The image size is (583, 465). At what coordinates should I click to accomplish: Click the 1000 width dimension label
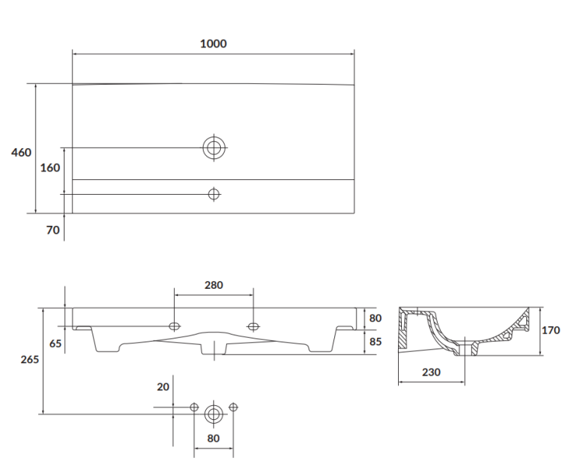[x=213, y=44]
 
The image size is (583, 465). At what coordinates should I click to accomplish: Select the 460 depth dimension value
[x=21, y=152]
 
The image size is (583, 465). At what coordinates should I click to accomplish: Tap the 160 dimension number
[x=50, y=168]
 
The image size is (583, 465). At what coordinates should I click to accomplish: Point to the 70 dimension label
[x=53, y=231]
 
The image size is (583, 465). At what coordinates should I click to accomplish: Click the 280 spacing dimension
[x=214, y=285]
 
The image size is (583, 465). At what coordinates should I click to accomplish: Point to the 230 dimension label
[x=431, y=372]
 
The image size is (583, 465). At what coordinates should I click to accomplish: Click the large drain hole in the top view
[x=214, y=147]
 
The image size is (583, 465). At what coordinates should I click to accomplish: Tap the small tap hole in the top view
[x=214, y=193]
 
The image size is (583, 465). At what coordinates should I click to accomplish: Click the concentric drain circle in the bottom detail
[x=214, y=414]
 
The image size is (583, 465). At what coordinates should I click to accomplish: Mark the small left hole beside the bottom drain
[x=194, y=407]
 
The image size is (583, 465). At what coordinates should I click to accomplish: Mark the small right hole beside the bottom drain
[x=233, y=407]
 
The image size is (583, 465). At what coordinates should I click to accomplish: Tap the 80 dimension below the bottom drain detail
[x=214, y=438]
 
